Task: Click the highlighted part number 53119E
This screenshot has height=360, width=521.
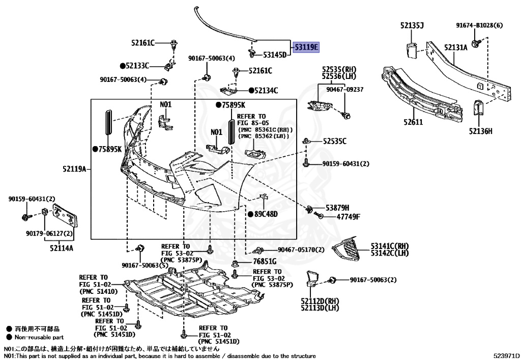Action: [306, 47]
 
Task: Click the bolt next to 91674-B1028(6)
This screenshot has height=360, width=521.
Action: [476, 43]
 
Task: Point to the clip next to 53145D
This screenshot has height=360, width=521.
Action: [252, 52]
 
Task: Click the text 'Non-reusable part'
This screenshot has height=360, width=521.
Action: [39, 337]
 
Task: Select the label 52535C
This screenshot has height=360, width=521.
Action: [334, 141]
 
